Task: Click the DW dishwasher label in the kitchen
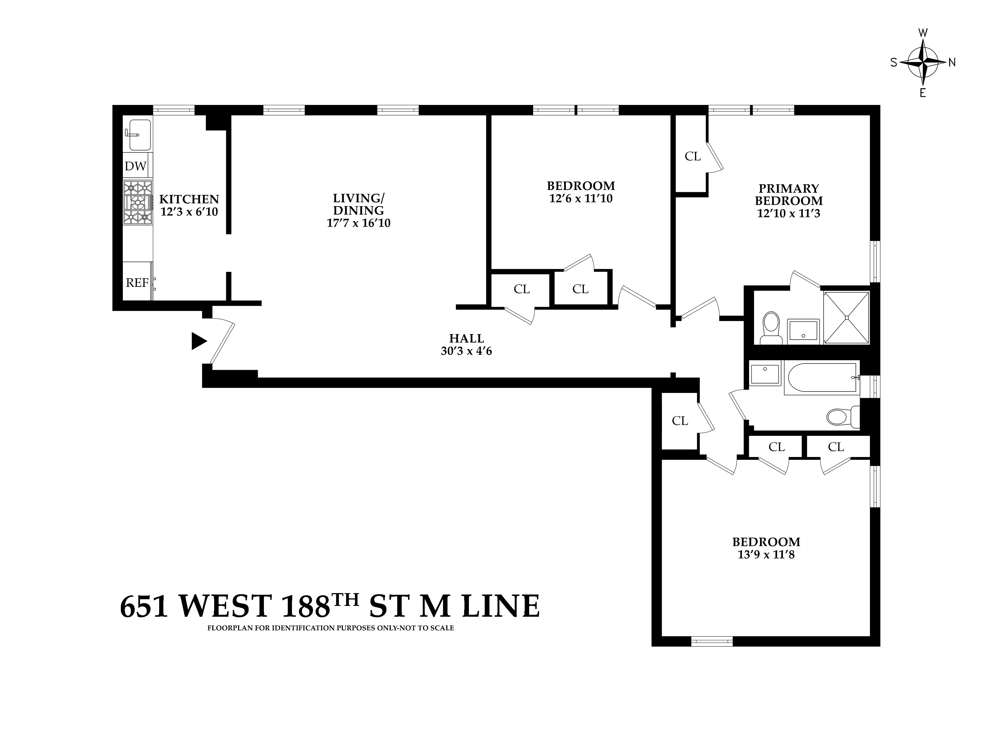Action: tap(135, 166)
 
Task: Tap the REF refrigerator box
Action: tap(137, 282)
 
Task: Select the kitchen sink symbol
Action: tap(139, 134)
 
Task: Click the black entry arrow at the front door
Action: tap(199, 341)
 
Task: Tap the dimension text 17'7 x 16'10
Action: tap(358, 223)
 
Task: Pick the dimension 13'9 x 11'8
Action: tap(766, 554)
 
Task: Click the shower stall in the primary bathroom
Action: tap(846, 317)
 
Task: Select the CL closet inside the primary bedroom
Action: tap(692, 156)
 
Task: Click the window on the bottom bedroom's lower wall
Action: tap(711, 641)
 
